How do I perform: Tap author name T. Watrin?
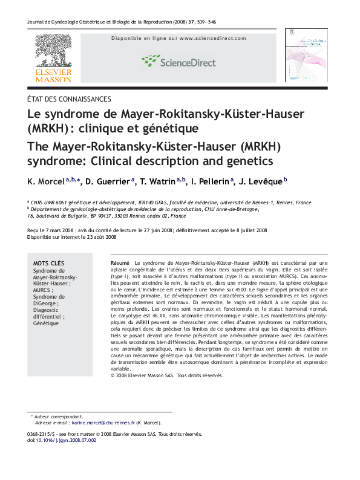tap(159, 181)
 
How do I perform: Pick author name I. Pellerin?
tap(209, 181)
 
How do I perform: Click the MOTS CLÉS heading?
tap(48, 264)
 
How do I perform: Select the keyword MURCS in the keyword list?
tap(43, 290)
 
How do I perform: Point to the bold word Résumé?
tap(120, 264)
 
